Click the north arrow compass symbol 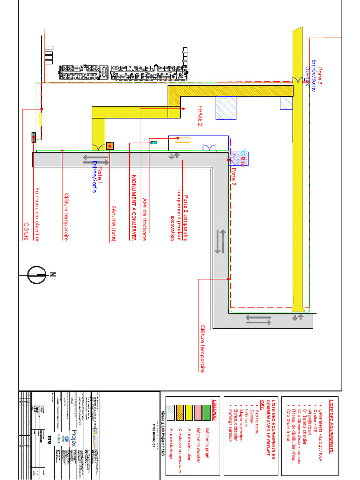[37, 275]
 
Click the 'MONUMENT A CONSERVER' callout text [133, 208]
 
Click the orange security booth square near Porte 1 [111, 146]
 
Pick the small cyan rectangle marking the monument [153, 142]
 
